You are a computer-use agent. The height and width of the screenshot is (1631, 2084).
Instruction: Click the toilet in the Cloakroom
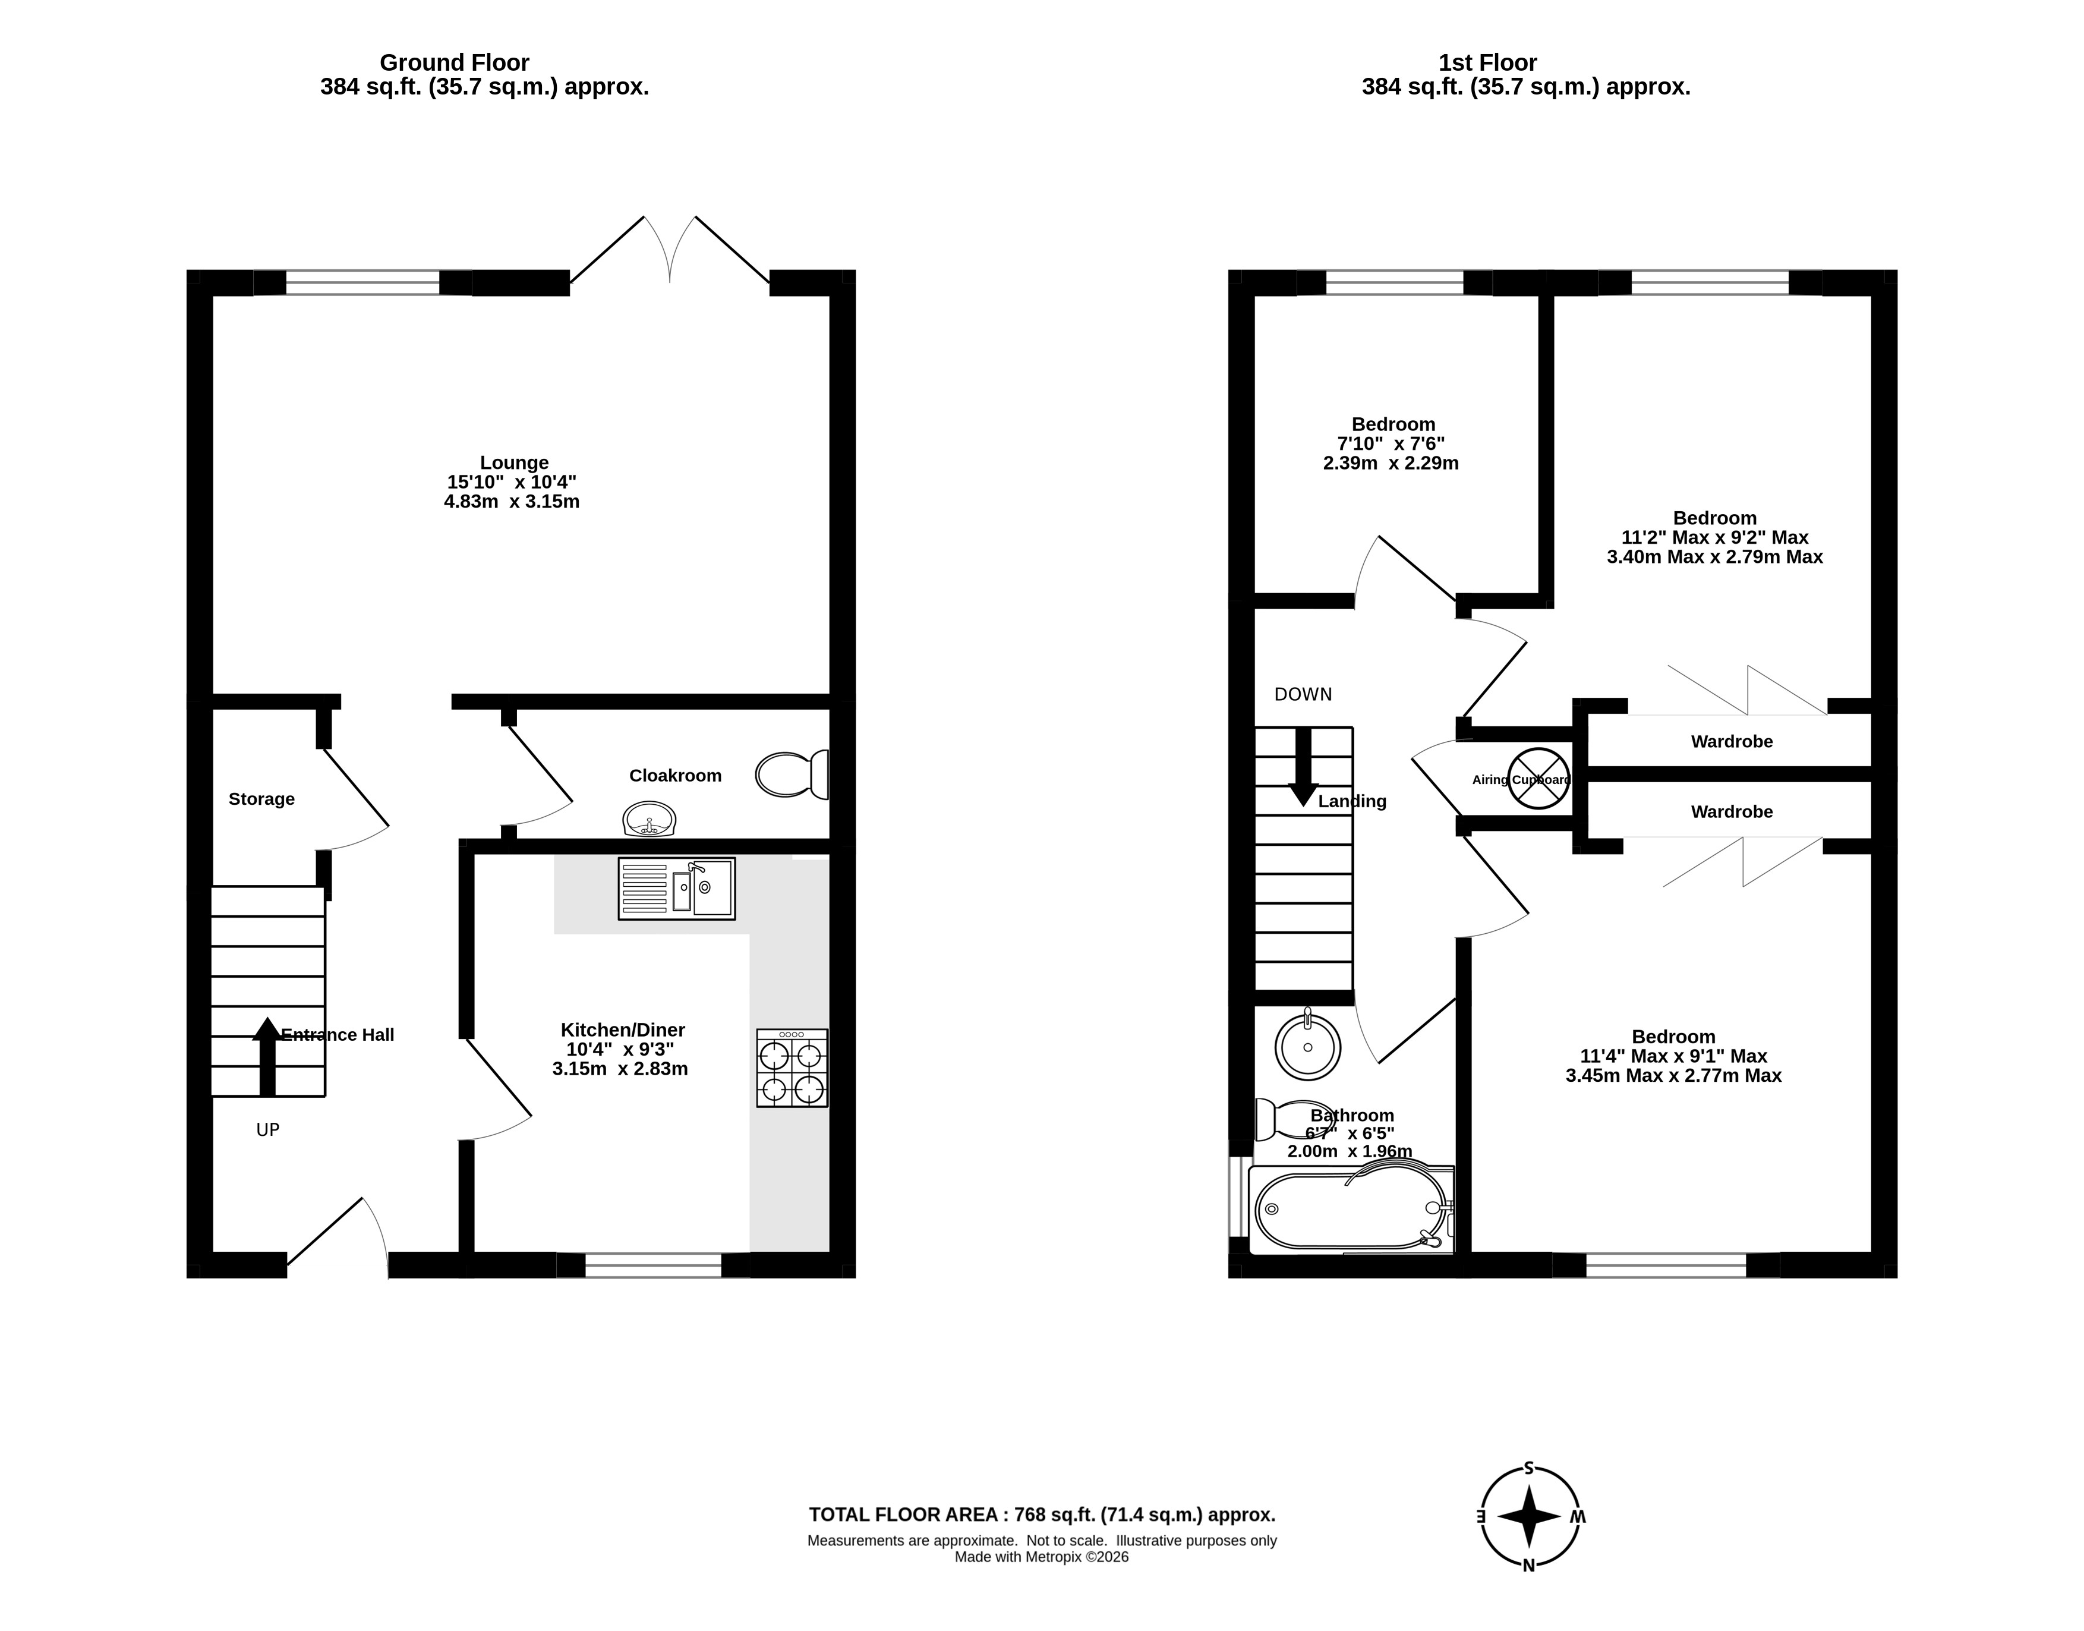coord(792,774)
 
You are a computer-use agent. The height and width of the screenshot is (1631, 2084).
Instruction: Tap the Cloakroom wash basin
coord(649,819)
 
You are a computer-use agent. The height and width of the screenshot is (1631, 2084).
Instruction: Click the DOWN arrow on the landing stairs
coord(1303,768)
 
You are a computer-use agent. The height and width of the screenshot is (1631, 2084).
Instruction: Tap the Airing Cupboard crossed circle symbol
coord(1538,778)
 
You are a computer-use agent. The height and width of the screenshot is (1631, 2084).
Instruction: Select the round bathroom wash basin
coord(1308,1046)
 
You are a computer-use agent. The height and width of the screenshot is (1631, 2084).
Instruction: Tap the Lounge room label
coord(513,463)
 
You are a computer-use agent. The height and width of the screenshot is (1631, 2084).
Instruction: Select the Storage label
coord(261,799)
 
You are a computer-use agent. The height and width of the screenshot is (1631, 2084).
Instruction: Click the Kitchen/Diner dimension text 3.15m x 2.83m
coord(620,1069)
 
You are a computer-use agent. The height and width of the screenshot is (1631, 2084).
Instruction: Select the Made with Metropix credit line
coord(1042,1557)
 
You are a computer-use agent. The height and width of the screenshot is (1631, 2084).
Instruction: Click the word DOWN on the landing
coord(1303,694)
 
